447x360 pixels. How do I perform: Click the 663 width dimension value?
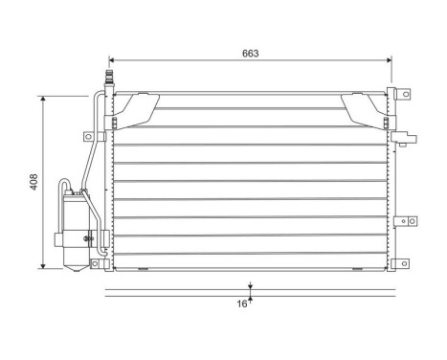251,54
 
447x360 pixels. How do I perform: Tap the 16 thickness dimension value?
243,304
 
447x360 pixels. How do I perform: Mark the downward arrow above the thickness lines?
250,285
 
